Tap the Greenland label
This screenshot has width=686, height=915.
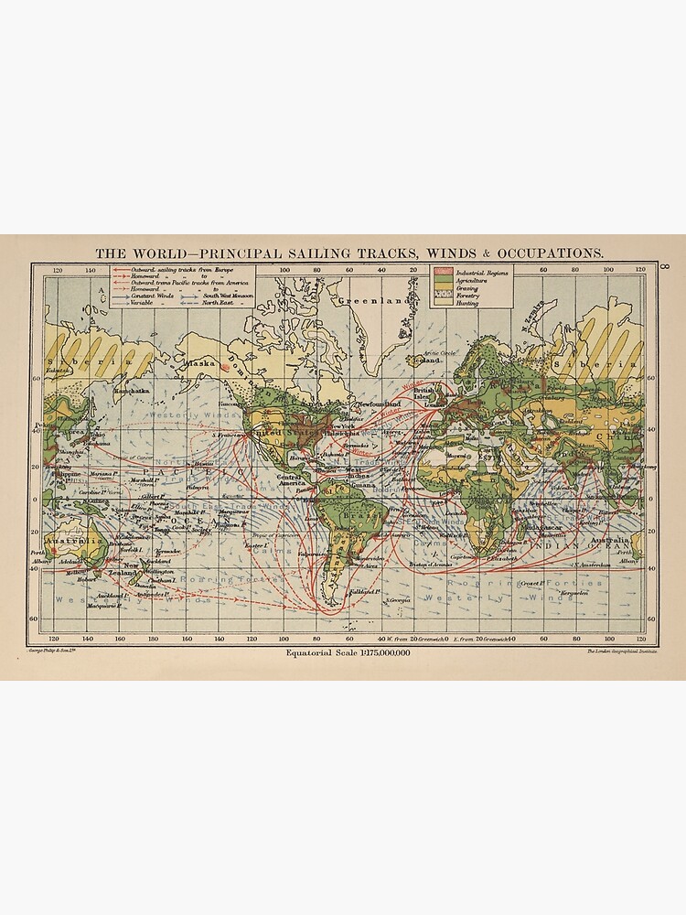tap(370, 300)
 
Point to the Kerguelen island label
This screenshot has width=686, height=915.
tap(573, 593)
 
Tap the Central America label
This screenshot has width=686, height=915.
tap(290, 480)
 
